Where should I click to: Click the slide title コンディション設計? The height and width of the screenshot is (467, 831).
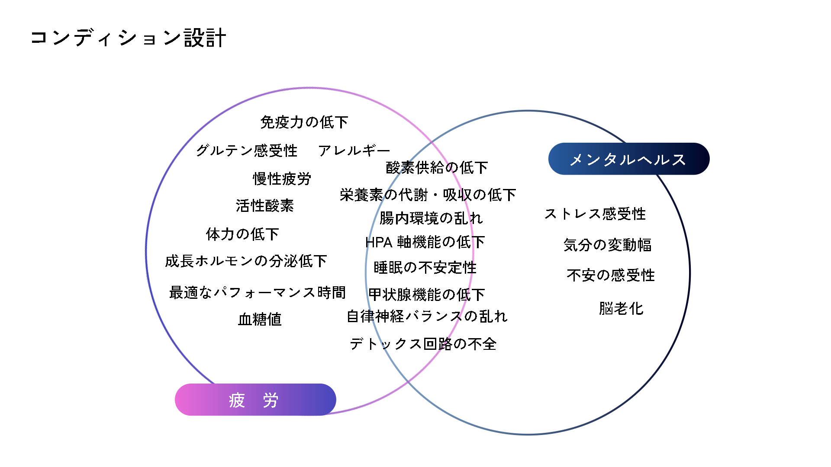[128, 38]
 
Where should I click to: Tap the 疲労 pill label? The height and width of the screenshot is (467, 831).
[255, 400]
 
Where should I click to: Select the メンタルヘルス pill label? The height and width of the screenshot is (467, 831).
[628, 159]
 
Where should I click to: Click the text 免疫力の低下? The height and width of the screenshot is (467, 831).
[304, 122]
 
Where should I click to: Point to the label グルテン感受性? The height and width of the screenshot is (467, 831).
[247, 150]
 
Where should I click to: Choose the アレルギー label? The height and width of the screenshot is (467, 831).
[354, 150]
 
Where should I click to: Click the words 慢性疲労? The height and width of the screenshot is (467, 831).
[282, 179]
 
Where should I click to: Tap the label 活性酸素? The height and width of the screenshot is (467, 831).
[264, 206]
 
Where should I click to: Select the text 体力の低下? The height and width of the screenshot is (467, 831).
[242, 234]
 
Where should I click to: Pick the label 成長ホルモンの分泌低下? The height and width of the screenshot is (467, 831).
[246, 261]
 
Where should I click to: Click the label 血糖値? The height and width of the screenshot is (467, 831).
[260, 320]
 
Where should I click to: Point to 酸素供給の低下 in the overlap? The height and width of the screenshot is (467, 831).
[437, 167]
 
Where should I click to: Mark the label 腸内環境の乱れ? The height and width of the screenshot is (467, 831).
[431, 218]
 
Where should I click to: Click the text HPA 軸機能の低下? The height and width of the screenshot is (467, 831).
[425, 242]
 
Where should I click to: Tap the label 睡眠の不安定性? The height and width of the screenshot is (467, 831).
[425, 268]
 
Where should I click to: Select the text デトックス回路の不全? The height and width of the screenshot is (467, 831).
[423, 344]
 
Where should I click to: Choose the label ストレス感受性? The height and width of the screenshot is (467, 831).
[595, 214]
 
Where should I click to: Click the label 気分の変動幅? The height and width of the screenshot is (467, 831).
[607, 245]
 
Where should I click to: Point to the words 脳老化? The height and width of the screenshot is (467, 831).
[621, 309]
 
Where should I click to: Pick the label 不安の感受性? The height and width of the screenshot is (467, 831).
[611, 275]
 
